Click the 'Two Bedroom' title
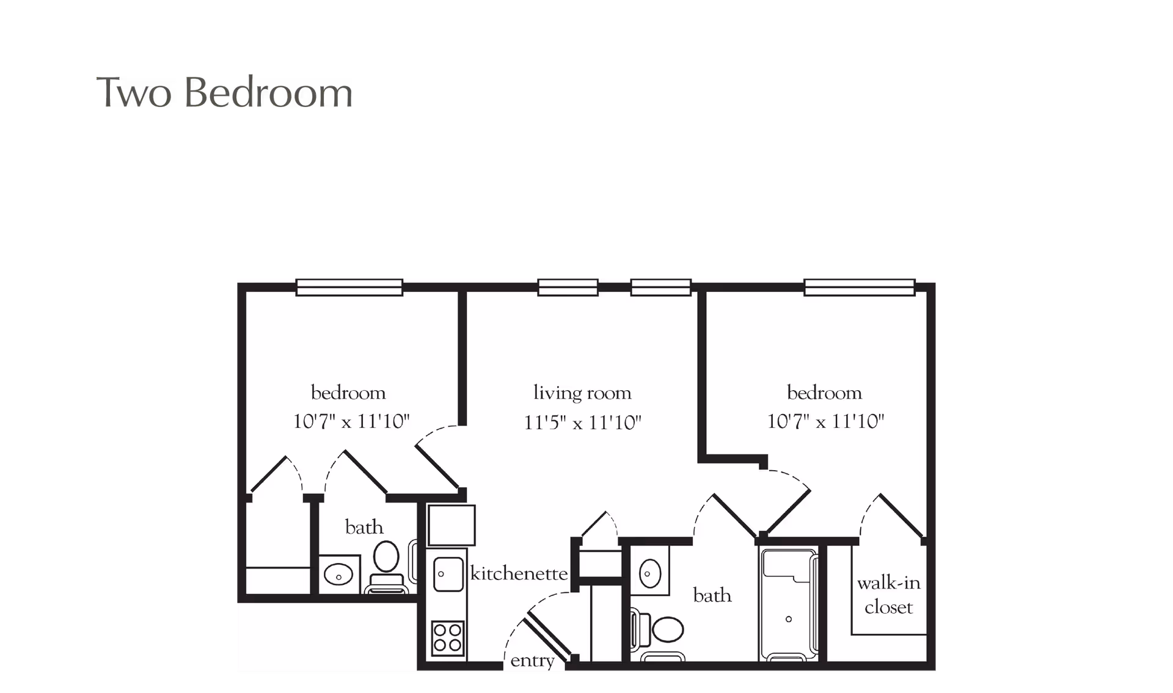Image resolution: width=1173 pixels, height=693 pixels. (x=224, y=93)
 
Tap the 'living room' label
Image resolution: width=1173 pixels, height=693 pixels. (x=582, y=393)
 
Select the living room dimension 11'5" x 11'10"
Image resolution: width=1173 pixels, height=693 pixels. (x=582, y=423)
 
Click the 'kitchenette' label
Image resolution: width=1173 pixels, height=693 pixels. (x=519, y=573)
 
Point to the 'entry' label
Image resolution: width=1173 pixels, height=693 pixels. (x=532, y=661)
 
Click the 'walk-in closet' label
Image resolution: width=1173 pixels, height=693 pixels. (x=888, y=595)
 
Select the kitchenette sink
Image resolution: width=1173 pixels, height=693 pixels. (x=447, y=574)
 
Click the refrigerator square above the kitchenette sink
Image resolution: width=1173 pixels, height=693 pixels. (x=451, y=524)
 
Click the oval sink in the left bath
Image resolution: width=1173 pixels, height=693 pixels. (x=338, y=575)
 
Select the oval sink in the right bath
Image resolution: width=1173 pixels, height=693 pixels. (x=649, y=573)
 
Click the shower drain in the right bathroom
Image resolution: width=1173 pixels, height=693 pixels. (x=789, y=619)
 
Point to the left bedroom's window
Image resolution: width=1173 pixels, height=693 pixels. (x=349, y=287)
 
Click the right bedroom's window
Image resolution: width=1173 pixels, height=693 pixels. (x=859, y=287)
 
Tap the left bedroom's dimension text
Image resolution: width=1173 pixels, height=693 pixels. (x=351, y=421)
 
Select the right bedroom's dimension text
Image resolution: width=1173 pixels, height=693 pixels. (x=825, y=421)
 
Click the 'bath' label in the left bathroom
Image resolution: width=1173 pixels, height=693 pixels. (x=364, y=527)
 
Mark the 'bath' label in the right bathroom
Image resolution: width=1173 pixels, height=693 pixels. (x=712, y=595)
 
